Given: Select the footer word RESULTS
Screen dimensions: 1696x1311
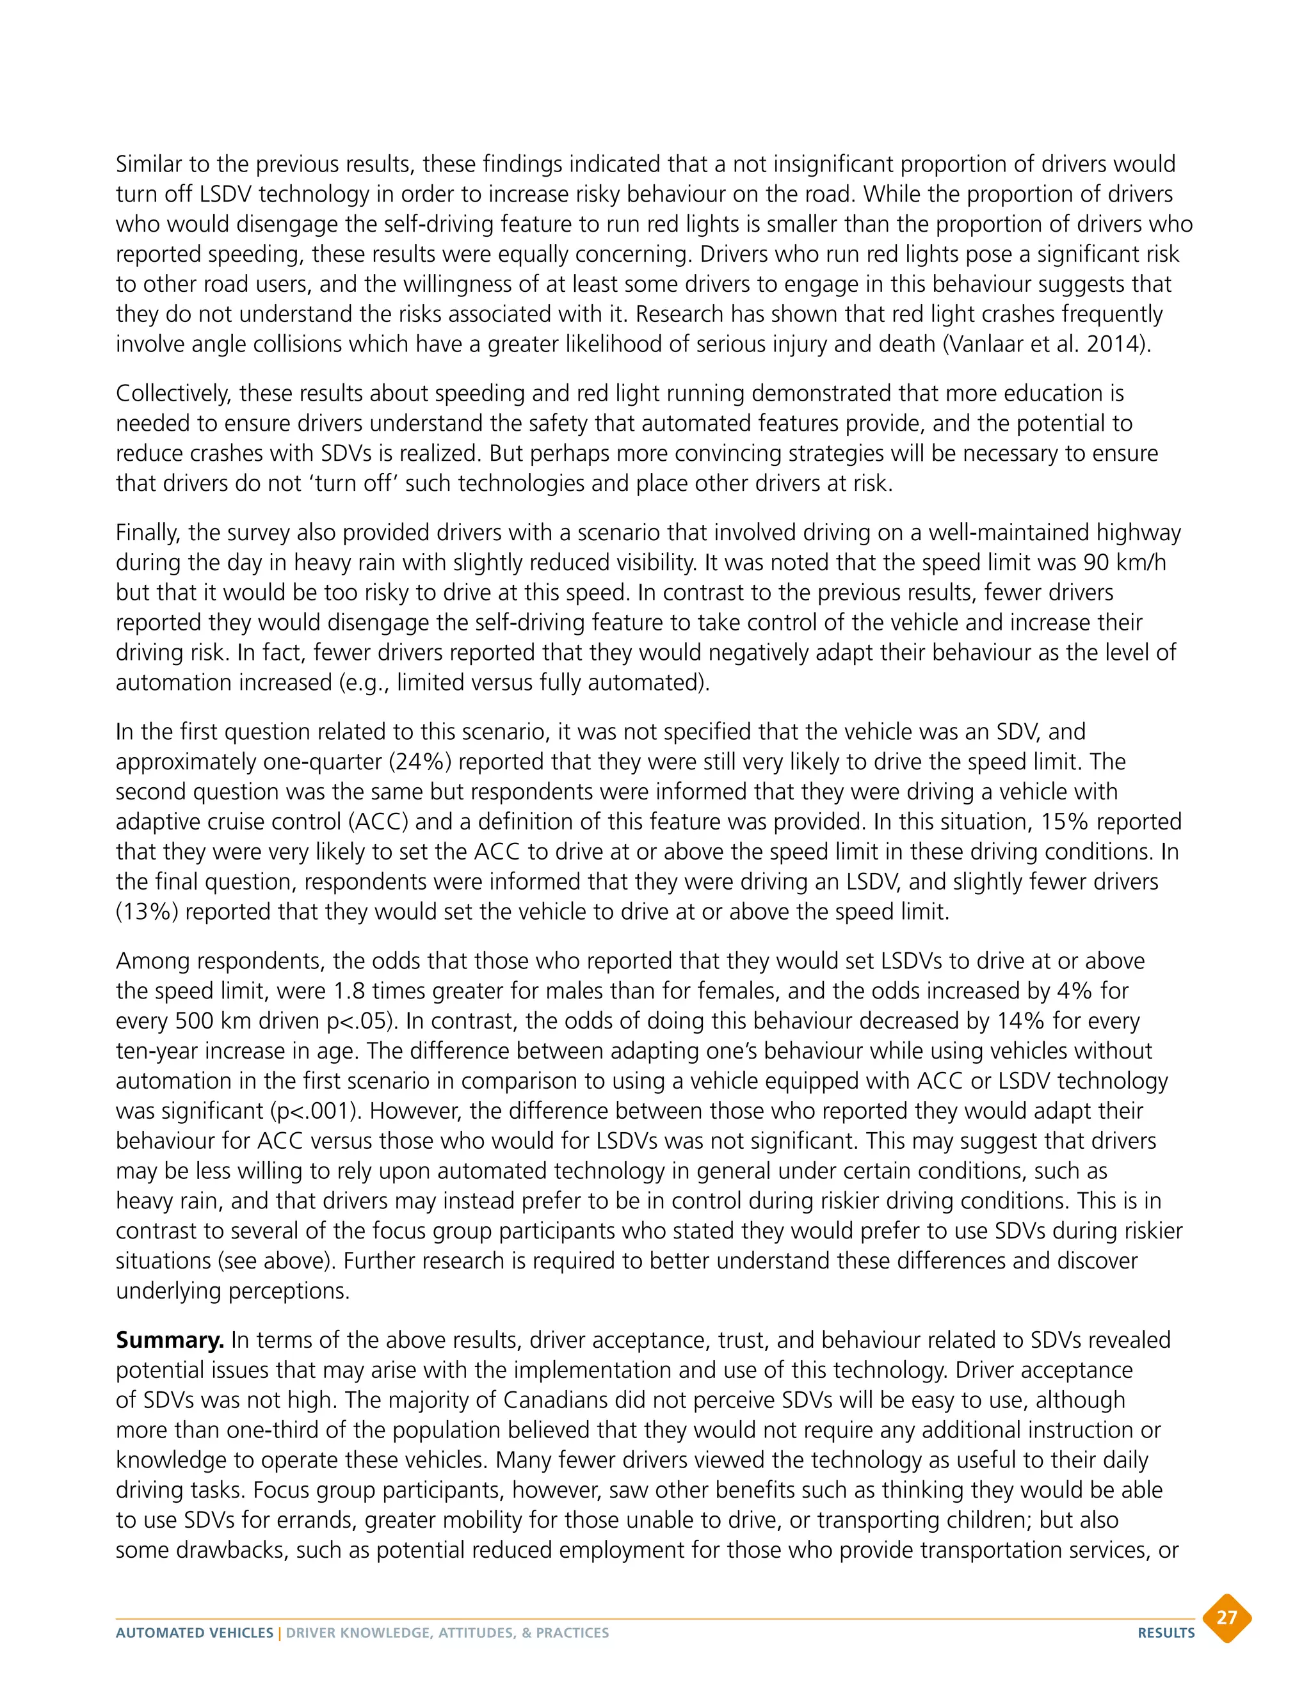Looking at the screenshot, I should click(1166, 1633).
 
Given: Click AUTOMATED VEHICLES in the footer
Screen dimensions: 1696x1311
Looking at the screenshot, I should click(194, 1633).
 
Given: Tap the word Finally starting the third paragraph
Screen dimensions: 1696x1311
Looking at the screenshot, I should click(149, 532).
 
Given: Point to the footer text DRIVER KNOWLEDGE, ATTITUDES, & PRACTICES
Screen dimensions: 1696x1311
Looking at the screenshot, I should click(447, 1633).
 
